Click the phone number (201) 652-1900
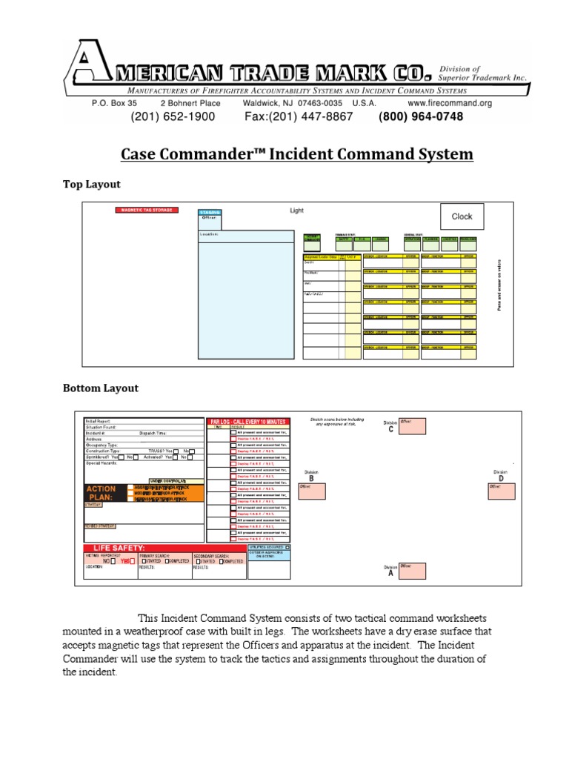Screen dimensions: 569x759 coord(173,117)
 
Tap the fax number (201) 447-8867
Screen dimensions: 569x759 coord(299,117)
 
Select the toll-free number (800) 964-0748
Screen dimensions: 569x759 coord(421,117)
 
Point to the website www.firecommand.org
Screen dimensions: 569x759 coord(450,104)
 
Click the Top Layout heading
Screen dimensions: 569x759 coord(91,184)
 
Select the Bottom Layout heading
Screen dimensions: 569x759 coord(100,388)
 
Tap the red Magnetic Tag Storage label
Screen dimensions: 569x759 coord(147,211)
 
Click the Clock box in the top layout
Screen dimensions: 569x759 coord(462,216)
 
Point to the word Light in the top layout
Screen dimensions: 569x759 coord(296,211)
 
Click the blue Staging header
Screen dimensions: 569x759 coord(210,213)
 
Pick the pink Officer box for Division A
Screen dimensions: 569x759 coord(413,570)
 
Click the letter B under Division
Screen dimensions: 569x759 coord(311,479)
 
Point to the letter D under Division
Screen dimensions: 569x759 coord(501,479)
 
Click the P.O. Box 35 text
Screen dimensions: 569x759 coord(114,104)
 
